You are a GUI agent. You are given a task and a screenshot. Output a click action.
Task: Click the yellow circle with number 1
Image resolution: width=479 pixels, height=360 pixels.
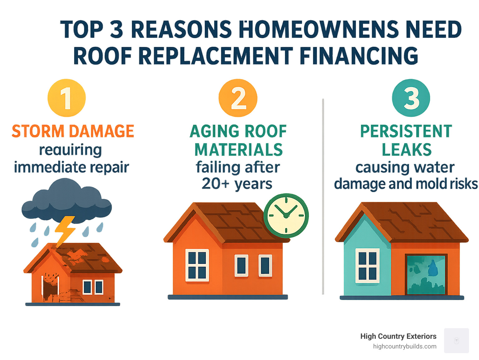tap(66, 98)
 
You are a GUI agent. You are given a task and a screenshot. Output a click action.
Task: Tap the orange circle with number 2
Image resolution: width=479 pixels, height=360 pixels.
tap(238, 98)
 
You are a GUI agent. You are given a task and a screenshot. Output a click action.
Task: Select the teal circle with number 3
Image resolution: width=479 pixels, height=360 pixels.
tap(411, 98)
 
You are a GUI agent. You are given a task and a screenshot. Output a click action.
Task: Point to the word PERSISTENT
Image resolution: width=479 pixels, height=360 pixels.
tap(406, 131)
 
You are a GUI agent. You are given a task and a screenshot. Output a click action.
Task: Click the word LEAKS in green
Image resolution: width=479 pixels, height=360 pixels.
tap(407, 150)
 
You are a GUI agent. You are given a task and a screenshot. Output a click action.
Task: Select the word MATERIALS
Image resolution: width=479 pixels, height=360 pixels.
tap(239, 150)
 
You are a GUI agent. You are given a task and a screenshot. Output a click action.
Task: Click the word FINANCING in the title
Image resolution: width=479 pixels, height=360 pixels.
tap(359, 56)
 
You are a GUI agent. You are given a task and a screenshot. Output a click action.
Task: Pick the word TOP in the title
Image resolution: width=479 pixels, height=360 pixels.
tap(82, 30)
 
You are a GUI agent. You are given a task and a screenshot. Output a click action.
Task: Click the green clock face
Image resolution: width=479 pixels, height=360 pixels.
tap(286, 216)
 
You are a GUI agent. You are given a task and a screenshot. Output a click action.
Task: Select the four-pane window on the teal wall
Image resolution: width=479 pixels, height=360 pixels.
tap(367, 266)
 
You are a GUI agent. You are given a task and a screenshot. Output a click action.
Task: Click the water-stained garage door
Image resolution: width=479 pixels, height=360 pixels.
tap(426, 275)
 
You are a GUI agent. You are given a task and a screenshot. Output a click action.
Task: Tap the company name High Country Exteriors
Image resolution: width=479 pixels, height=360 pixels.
tap(398, 336)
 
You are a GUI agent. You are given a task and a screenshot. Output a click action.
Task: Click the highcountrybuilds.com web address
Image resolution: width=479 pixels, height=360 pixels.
tap(404, 346)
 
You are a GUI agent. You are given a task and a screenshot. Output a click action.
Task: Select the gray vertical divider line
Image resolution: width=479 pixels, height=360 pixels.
tap(323, 197)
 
